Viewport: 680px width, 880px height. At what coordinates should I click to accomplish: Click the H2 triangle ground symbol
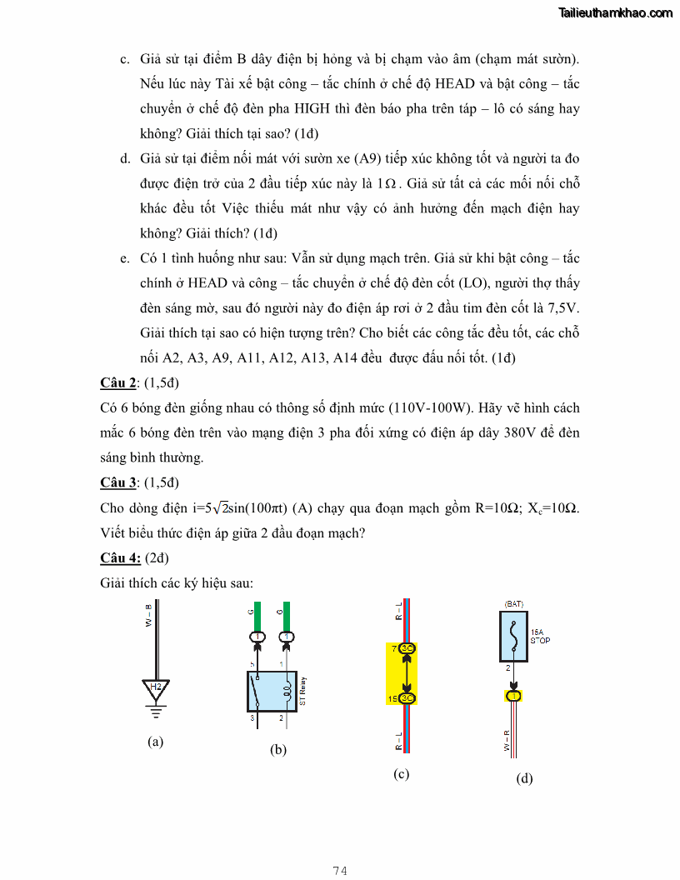tap(155, 688)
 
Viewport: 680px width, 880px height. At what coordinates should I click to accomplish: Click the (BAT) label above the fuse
tap(513, 602)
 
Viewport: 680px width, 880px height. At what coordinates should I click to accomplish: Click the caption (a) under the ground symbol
tap(155, 741)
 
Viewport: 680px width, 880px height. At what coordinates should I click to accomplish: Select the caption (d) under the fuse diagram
tap(524, 778)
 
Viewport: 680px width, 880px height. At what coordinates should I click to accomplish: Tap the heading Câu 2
tap(117, 382)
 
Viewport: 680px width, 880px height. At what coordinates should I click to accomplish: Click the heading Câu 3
tap(117, 482)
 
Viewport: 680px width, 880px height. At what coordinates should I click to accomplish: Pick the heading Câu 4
tap(120, 557)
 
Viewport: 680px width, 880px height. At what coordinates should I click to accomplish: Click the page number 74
tap(340, 871)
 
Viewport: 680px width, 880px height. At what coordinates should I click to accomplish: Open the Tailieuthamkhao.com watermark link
tap(616, 12)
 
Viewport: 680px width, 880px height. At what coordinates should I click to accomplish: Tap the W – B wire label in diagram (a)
tap(148, 617)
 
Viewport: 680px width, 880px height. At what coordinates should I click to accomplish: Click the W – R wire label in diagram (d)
tap(506, 741)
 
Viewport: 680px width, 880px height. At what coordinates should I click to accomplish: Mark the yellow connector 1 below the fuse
tap(514, 696)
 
